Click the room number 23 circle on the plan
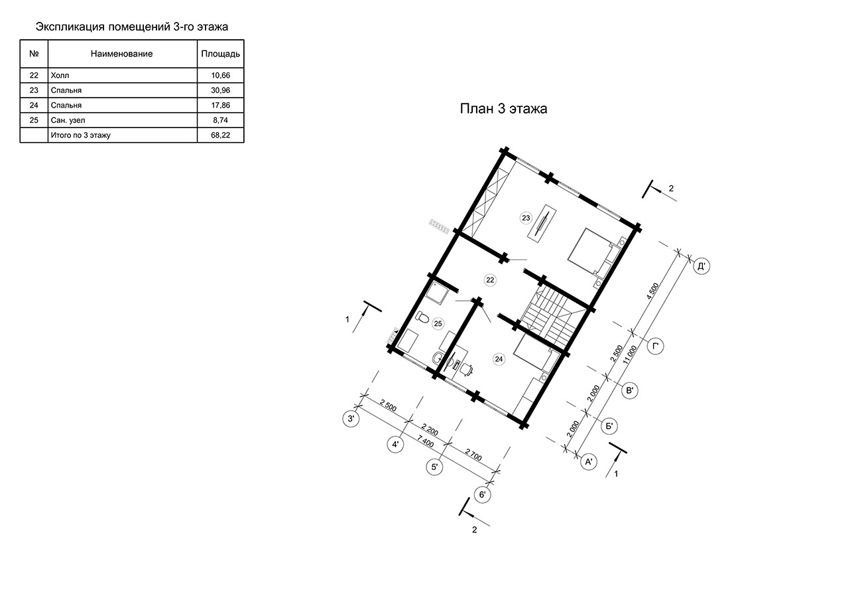(x=526, y=218)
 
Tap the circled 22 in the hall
(x=490, y=280)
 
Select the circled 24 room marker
(x=499, y=359)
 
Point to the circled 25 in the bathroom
(x=438, y=324)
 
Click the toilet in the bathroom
(x=422, y=317)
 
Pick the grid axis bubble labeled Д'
(x=701, y=266)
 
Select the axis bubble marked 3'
(x=351, y=419)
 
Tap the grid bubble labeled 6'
(x=483, y=495)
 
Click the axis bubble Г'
(x=655, y=346)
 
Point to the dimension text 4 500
(x=652, y=291)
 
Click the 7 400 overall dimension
(x=426, y=442)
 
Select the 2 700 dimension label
(x=473, y=455)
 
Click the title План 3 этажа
(x=503, y=109)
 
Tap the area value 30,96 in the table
(x=221, y=90)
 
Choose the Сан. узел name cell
(x=68, y=120)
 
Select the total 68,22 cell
(x=221, y=135)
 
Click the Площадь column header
(x=221, y=54)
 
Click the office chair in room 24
(x=466, y=369)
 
